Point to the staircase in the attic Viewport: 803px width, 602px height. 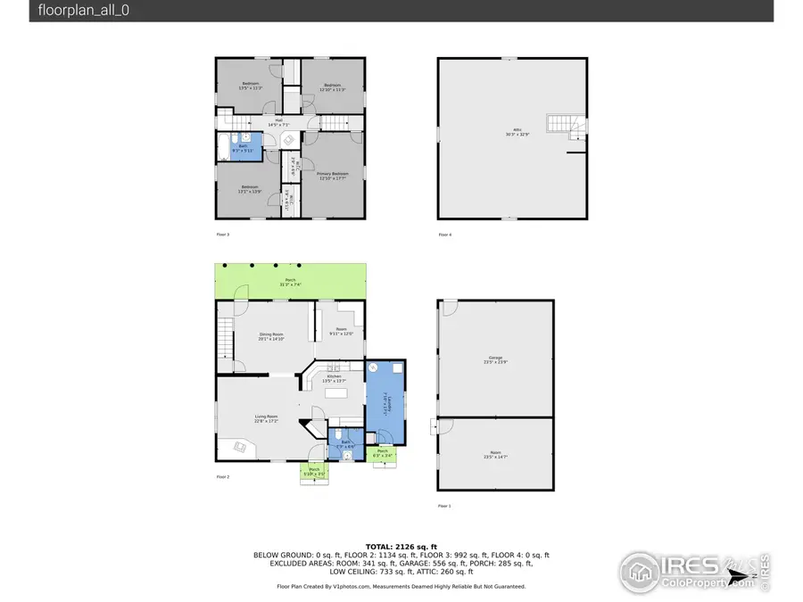pos(564,127)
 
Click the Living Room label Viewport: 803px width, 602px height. pos(266,419)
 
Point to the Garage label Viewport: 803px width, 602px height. pos(496,359)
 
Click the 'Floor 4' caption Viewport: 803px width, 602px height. pos(444,235)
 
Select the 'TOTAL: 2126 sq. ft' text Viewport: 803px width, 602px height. pos(401,546)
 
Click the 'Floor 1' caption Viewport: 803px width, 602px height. pos(444,506)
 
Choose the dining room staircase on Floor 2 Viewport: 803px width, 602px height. pos(224,337)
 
